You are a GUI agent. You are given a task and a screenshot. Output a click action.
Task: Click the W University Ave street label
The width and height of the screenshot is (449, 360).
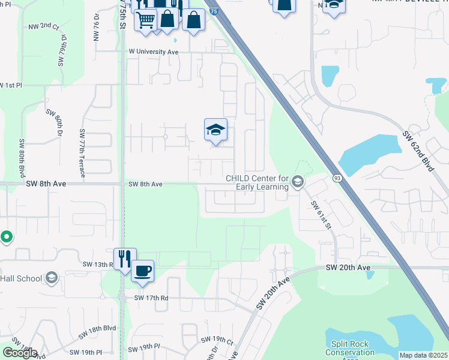[154, 52]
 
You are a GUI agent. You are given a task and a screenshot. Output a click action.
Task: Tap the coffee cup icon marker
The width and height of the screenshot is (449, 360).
[142, 271]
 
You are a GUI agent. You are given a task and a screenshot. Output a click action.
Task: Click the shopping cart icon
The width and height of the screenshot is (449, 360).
[145, 20]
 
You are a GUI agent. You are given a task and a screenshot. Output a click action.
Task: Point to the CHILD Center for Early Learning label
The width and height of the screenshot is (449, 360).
[257, 182]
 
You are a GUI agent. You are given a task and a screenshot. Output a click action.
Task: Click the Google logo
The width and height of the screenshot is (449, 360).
[20, 353]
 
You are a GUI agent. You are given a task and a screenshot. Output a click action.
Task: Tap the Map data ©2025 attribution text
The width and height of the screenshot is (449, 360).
[423, 355]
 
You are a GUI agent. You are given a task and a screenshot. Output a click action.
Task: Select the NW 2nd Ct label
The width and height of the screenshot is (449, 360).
[44, 28]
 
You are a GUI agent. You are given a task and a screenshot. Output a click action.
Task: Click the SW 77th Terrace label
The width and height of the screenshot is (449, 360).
[83, 152]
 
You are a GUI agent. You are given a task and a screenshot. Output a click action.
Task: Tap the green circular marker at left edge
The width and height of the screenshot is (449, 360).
[6, 238]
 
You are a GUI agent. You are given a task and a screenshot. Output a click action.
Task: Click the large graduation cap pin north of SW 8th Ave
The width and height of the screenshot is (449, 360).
[216, 130]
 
